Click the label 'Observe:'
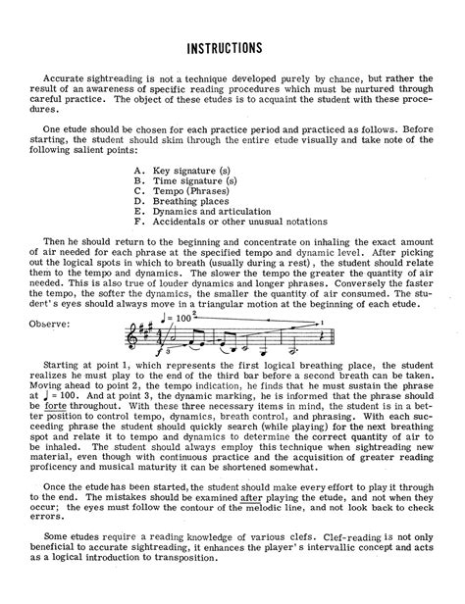[x=49, y=321]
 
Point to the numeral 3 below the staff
[x=168, y=351]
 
